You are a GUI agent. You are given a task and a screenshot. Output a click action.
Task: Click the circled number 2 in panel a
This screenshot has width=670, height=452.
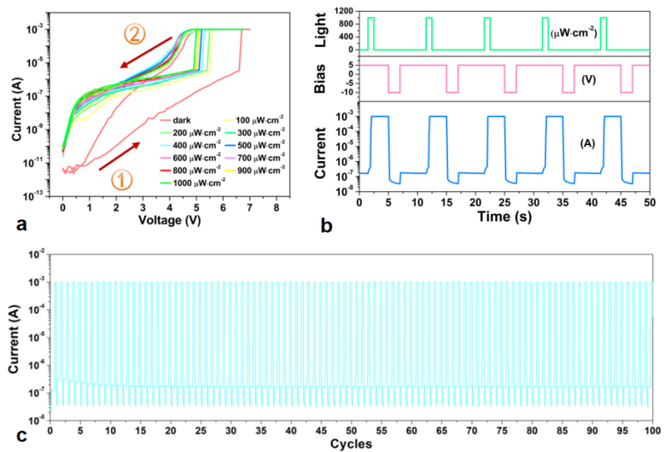pyautogui.click(x=136, y=35)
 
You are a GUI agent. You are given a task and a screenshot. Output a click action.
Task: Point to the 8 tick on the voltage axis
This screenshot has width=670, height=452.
pyautogui.click(x=275, y=207)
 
